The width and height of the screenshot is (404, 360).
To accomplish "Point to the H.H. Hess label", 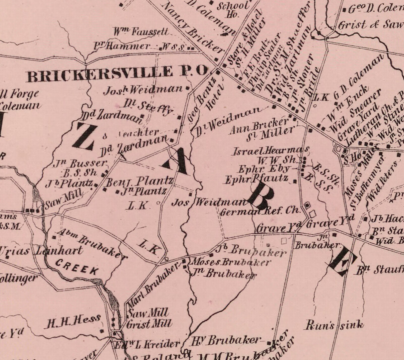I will tap(72, 321).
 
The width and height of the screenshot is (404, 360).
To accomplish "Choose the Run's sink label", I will tap(334, 325).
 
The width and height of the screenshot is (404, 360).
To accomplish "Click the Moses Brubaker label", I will tap(229, 262).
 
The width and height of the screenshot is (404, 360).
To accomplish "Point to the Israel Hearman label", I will tap(271, 151).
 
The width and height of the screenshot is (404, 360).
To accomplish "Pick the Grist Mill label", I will tap(150, 323).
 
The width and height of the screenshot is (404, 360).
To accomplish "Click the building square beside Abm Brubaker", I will tap(54, 237).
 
